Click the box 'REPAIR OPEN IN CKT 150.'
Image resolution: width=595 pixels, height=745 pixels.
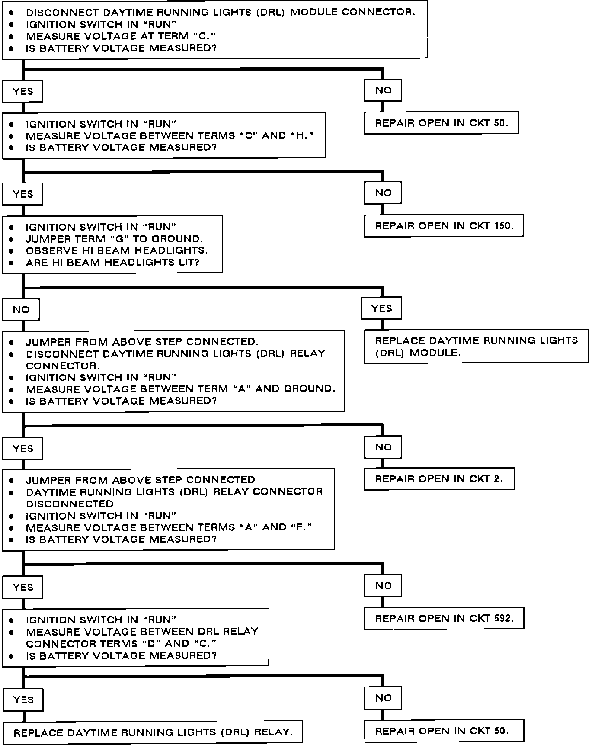[x=444, y=225]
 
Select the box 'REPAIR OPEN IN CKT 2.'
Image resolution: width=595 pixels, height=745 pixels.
[x=439, y=479]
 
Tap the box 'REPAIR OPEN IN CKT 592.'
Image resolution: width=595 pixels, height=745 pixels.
[x=444, y=618]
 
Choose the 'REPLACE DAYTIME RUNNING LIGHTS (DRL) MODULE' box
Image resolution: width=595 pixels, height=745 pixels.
[x=476, y=346]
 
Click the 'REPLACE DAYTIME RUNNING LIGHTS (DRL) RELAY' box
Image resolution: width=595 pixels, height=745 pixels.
[x=153, y=732]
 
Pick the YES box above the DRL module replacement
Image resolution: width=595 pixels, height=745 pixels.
[x=381, y=308]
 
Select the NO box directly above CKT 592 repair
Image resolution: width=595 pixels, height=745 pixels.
[x=383, y=585]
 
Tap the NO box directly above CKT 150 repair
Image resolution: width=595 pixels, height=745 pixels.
[x=383, y=193]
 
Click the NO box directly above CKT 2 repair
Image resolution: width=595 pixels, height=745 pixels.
[x=383, y=447]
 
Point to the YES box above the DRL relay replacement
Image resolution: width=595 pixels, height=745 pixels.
[x=23, y=700]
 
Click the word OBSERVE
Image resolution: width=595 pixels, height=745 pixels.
[x=48, y=250]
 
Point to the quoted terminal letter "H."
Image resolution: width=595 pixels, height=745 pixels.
[x=302, y=136]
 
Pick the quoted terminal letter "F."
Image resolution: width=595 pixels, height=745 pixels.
[x=301, y=527]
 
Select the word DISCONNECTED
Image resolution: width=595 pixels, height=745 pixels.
[x=70, y=504]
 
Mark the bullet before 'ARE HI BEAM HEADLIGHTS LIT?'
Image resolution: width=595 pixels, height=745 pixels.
[x=11, y=263]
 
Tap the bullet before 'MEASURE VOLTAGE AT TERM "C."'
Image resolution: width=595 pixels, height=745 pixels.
[x=11, y=37]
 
